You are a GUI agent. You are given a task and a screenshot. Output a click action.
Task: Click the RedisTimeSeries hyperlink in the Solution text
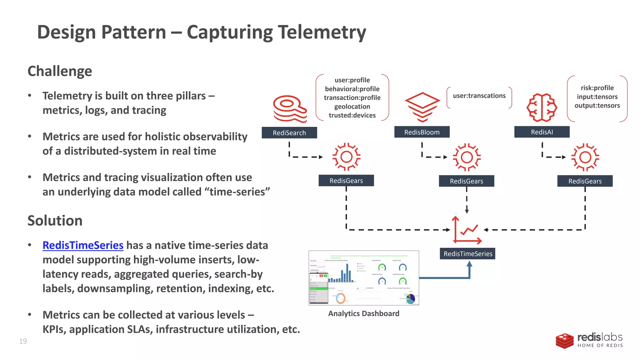click(x=83, y=245)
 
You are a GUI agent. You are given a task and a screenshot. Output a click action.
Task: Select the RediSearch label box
click(x=289, y=133)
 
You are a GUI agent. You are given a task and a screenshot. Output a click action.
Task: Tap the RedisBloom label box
click(x=422, y=132)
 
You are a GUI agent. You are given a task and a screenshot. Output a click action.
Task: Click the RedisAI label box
click(x=542, y=132)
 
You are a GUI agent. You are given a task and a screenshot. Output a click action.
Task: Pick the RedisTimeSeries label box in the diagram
click(x=467, y=254)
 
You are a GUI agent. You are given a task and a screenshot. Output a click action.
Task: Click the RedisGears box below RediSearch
click(x=346, y=181)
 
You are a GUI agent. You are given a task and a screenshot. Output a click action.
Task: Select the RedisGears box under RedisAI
click(x=585, y=181)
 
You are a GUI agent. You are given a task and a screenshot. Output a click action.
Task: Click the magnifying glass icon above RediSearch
click(x=290, y=108)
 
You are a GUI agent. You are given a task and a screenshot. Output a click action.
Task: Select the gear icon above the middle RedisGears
click(x=467, y=157)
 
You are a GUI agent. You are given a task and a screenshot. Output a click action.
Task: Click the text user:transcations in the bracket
click(x=479, y=96)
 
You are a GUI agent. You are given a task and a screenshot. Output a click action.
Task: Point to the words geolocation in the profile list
click(x=352, y=107)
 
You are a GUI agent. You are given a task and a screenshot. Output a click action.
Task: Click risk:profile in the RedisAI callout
click(x=597, y=88)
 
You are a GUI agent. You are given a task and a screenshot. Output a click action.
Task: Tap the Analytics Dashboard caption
click(x=363, y=313)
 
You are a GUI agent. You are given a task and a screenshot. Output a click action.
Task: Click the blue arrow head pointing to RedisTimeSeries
click(x=469, y=264)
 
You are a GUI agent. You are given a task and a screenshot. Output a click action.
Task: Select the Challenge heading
click(x=60, y=71)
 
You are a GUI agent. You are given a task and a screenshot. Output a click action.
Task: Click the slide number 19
click(x=23, y=341)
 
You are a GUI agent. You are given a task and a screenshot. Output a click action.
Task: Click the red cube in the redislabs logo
click(x=564, y=341)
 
